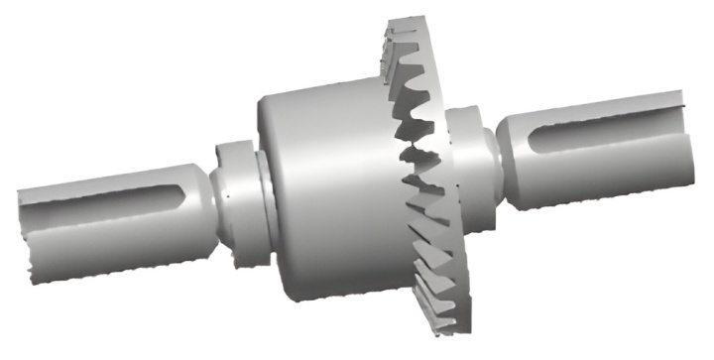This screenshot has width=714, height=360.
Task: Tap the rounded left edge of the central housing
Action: (x=266, y=188)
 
